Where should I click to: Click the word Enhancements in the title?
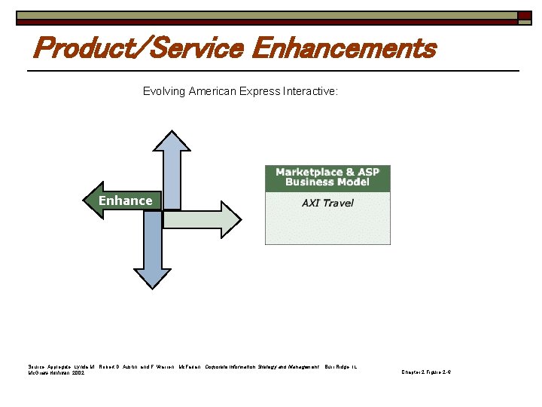tap(344, 49)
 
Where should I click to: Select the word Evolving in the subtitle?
tap(164, 91)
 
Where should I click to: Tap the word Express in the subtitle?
tap(260, 91)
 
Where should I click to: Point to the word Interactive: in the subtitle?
tap(310, 91)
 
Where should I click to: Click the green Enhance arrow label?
tap(126, 200)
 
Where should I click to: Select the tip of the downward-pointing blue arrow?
tap(154, 286)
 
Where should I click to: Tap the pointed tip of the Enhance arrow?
tap(84, 200)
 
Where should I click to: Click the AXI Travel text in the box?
tap(327, 203)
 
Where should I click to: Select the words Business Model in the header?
tap(327, 182)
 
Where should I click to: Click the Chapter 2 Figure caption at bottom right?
tap(426, 372)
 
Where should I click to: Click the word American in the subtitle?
tap(212, 91)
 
